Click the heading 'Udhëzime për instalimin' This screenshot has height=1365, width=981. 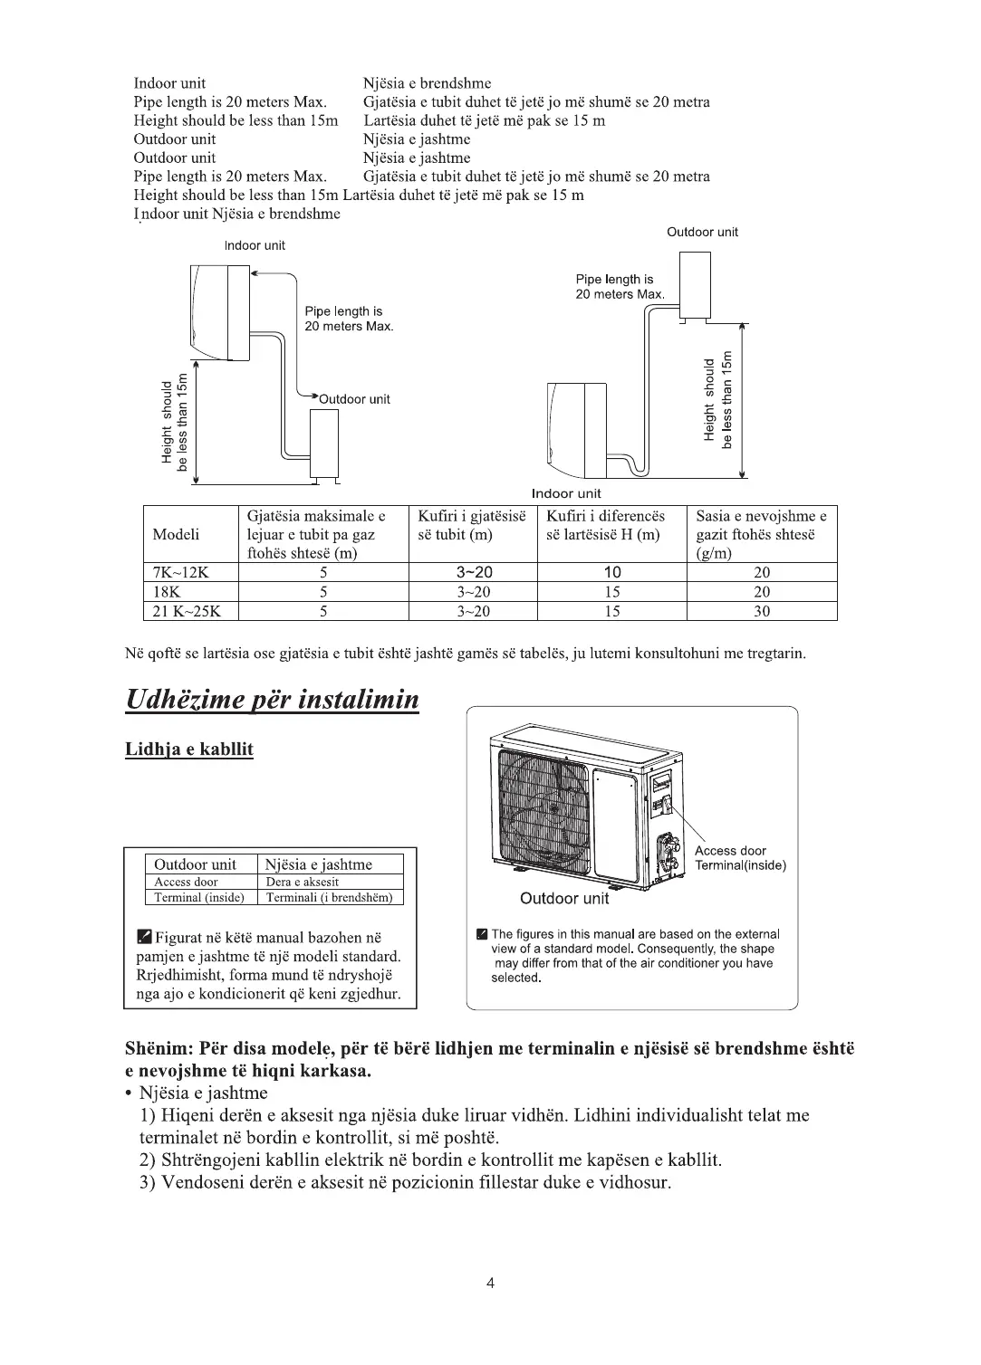coord(272,700)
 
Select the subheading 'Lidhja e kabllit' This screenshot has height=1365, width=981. coord(188,749)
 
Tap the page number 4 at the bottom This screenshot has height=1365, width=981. coord(490,1282)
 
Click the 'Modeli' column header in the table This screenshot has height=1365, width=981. coord(176,534)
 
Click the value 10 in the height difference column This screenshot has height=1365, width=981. coord(612,572)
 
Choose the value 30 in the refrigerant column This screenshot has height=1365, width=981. coord(762,611)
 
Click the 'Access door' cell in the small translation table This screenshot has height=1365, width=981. coord(186,882)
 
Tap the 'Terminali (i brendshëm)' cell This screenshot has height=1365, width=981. coord(330,897)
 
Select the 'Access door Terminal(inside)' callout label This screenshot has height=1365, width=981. coord(740,858)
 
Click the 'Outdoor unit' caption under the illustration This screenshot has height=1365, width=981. coord(564,899)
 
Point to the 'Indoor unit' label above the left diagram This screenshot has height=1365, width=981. coord(255,245)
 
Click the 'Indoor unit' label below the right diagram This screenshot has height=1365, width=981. coord(566,493)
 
